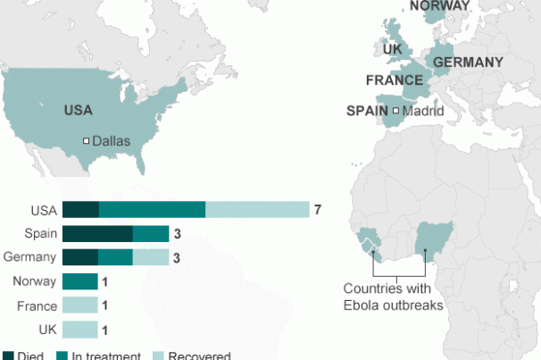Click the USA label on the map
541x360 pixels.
point(78,111)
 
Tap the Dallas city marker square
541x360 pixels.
point(87,141)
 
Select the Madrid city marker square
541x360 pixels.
point(395,112)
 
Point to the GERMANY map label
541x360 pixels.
point(467,63)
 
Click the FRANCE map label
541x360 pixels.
point(394,80)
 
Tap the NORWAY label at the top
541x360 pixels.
point(438,5)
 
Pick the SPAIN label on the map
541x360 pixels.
point(368,112)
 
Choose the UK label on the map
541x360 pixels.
point(393,49)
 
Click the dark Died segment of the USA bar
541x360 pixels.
point(80,210)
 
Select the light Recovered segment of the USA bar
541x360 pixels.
point(257,210)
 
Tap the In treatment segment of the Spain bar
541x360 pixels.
point(151,234)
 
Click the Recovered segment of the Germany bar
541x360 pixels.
point(151,257)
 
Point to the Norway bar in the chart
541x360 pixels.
point(79,281)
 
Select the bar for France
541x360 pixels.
point(79,306)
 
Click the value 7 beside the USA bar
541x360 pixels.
point(317,210)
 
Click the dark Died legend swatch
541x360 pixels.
point(8,356)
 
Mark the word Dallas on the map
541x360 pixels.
point(112,141)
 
